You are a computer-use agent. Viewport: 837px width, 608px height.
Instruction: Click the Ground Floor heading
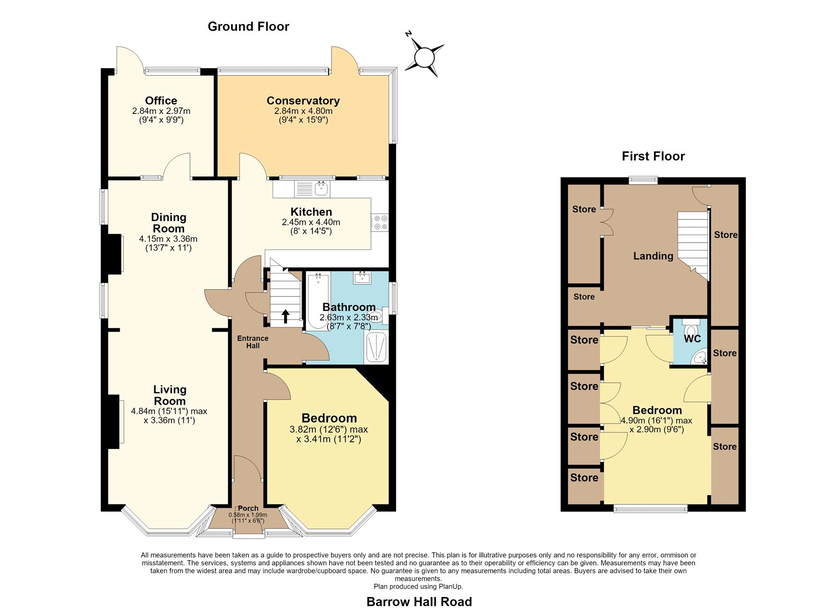[248, 27]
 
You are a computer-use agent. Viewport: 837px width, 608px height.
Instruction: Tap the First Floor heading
[653, 156]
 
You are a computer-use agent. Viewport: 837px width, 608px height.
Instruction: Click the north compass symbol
[424, 57]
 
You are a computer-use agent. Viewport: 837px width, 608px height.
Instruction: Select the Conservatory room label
[303, 100]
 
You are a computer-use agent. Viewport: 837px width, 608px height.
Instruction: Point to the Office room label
[161, 100]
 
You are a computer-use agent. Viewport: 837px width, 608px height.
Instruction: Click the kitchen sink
[312, 189]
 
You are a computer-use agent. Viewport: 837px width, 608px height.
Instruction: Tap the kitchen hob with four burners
[380, 223]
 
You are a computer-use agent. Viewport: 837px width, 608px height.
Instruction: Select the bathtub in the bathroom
[318, 302]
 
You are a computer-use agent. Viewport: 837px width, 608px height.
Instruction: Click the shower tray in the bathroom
[376, 347]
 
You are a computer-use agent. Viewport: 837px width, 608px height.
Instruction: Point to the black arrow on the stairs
[285, 316]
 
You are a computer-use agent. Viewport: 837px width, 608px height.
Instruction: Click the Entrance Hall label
[253, 342]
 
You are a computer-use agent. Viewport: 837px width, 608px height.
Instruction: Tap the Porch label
[248, 508]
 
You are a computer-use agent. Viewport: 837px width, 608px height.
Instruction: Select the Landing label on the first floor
[653, 256]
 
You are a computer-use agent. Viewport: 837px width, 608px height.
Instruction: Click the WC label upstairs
[693, 339]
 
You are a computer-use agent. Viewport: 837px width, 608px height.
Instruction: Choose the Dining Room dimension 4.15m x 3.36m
[168, 238]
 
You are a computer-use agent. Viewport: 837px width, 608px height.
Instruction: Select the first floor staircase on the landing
[693, 245]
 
